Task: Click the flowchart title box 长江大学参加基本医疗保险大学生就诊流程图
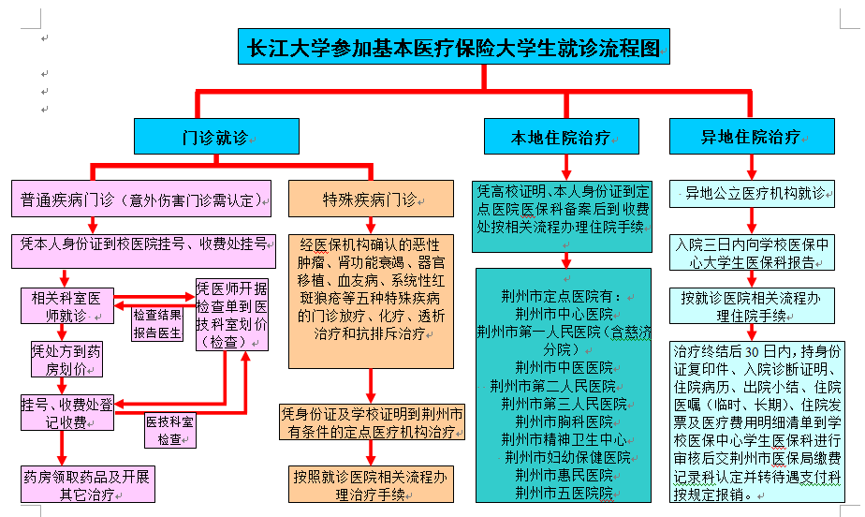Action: pos(453,46)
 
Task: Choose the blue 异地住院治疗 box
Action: pos(752,137)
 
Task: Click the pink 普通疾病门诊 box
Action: pos(141,199)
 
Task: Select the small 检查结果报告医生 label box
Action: pos(156,323)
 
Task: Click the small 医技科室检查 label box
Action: pos(169,430)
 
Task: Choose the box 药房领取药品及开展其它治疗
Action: pos(87,483)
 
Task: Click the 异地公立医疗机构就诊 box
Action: pos(755,195)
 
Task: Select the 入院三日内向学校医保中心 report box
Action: pos(755,252)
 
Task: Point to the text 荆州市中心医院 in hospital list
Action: pos(564,313)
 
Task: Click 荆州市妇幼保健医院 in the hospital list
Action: pos(565,456)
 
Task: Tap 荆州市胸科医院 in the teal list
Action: pos(564,421)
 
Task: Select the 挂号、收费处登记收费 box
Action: pos(66,413)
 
